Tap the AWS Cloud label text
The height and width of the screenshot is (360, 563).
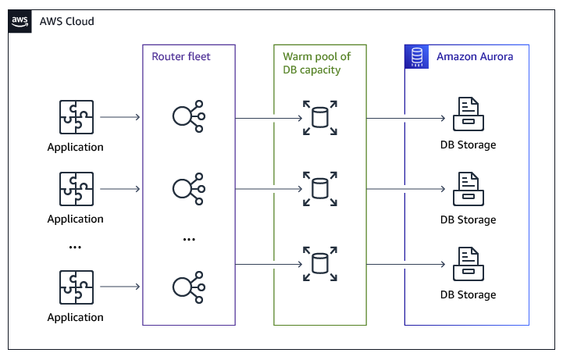[x=67, y=21]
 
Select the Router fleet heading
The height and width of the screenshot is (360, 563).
[x=181, y=56]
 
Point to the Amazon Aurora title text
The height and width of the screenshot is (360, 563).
[x=475, y=56]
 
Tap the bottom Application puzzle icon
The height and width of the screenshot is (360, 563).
[x=76, y=287]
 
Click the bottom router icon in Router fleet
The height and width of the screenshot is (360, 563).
[x=188, y=287]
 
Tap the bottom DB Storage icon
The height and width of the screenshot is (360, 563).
[x=468, y=266]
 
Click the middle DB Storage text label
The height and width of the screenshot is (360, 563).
[x=468, y=219]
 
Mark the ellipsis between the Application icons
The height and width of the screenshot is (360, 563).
[x=76, y=247]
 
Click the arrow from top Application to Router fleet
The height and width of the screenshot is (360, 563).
[x=120, y=118]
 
